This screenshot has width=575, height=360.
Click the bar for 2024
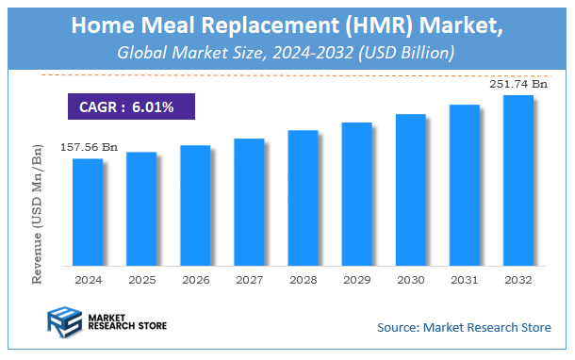(x=88, y=212)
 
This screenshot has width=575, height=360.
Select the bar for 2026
(x=195, y=205)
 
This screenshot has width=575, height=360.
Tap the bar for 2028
(x=303, y=198)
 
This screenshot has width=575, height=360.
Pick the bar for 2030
(x=410, y=189)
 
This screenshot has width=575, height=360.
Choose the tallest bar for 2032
(x=517, y=180)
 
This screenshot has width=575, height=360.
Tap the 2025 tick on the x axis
(x=141, y=280)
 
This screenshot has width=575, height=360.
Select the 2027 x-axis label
(x=249, y=280)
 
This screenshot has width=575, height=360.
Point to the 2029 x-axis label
(x=356, y=280)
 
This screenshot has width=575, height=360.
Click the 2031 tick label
(x=464, y=280)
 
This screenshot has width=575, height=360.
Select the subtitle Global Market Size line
(x=287, y=53)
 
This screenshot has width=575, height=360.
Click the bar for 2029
(x=356, y=193)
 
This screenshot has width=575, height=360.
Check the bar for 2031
(x=464, y=185)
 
